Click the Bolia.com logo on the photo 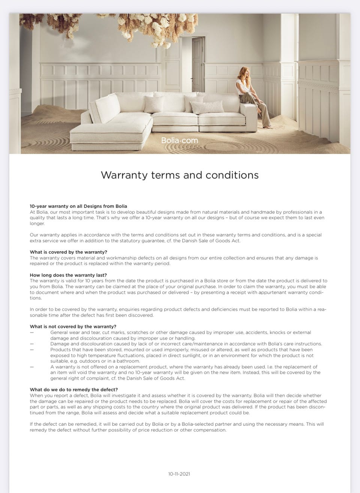tap(179, 141)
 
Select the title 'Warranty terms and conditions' tap(180, 175)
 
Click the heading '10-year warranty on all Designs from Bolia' tap(78, 206)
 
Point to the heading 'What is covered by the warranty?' tap(68, 252)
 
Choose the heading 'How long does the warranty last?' tap(68, 275)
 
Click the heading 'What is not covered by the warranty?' tap(73, 327)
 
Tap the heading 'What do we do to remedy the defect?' tap(74, 390)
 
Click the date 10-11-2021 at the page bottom tap(179, 474)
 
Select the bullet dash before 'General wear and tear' tap(31, 333)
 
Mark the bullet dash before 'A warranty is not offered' tap(31, 367)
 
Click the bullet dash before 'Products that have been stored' tap(31, 350)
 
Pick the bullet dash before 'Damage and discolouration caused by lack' tap(31, 344)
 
